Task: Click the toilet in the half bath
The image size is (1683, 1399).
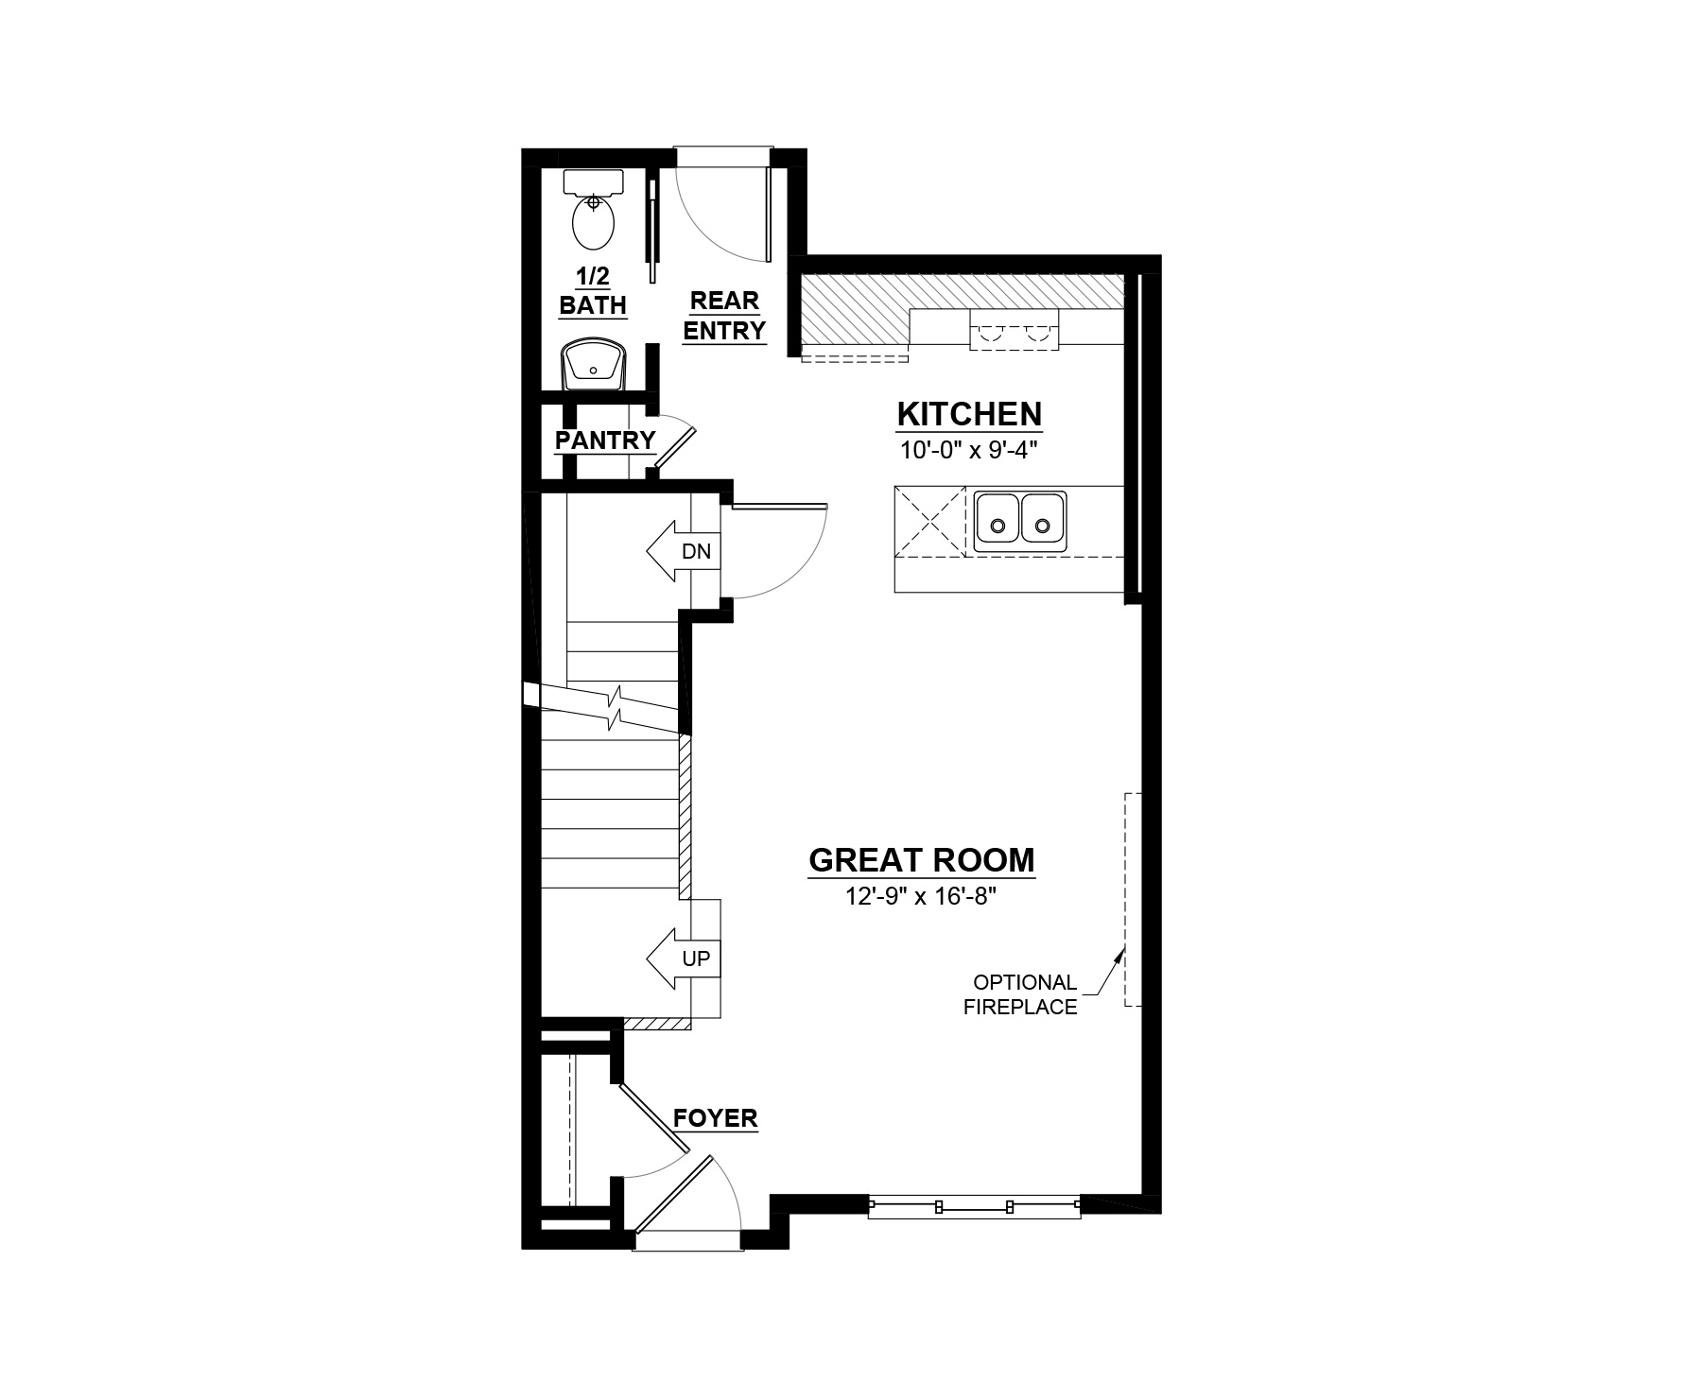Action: click(x=593, y=209)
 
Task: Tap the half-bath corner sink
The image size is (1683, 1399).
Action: click(x=593, y=365)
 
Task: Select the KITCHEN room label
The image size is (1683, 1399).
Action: click(x=969, y=414)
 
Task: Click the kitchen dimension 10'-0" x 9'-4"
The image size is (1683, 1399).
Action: click(x=969, y=450)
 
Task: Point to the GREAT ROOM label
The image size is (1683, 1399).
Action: click(x=922, y=860)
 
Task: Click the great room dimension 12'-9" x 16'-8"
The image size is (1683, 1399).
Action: click(x=922, y=896)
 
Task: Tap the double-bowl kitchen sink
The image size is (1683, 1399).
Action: click(x=1020, y=522)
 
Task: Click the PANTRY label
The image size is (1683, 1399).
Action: click(x=605, y=440)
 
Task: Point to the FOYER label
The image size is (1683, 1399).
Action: click(x=716, y=1118)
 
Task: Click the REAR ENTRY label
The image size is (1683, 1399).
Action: click(x=724, y=316)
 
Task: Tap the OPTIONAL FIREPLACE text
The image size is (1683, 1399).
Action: click(x=1020, y=994)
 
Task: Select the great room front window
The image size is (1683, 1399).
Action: click(x=974, y=1206)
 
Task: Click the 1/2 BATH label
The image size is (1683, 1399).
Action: click(x=593, y=291)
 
